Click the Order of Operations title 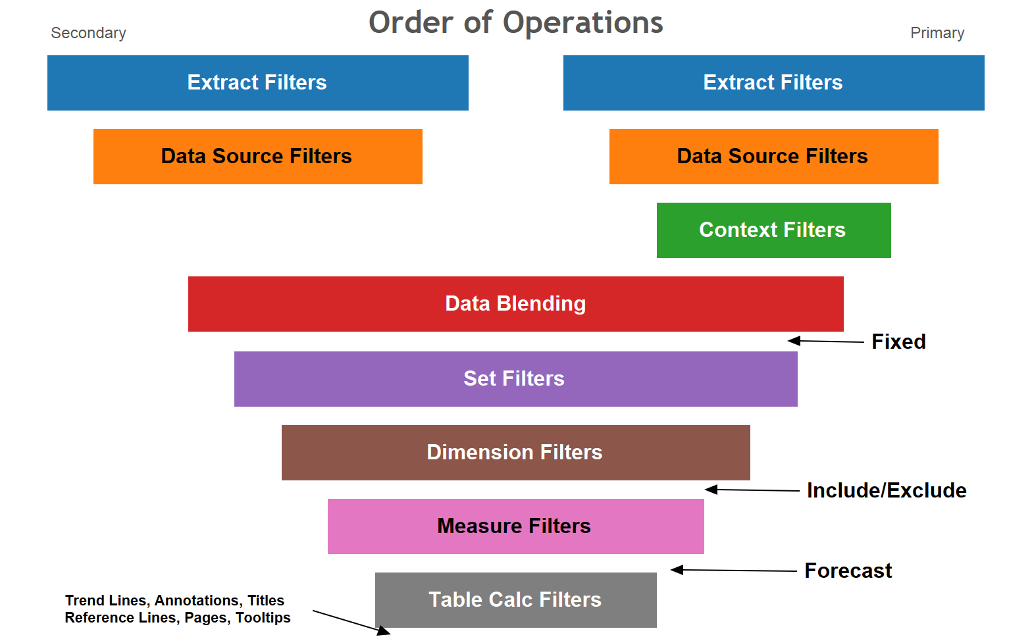515,23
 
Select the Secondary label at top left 88,33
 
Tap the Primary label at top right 937,33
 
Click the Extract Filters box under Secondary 257,83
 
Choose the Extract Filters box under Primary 773,83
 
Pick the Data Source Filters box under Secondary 257,157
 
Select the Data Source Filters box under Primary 773,157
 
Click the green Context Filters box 773,230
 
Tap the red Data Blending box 515,304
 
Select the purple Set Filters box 515,379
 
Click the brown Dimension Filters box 515,453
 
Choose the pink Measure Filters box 515,526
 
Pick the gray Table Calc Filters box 515,600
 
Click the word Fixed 898,342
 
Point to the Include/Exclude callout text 886,490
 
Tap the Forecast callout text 848,571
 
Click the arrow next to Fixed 826,341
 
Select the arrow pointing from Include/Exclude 752,490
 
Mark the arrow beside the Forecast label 733,570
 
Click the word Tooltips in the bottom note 263,618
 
